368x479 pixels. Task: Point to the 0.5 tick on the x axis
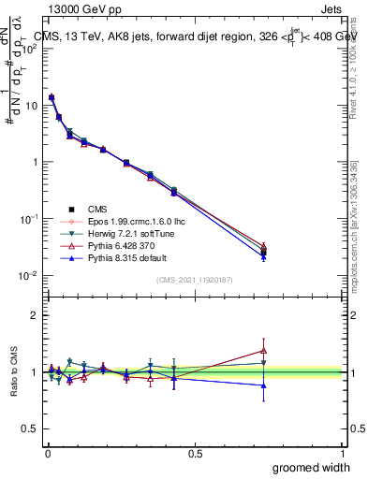pos(195,453)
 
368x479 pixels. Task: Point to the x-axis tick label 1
pos(343,453)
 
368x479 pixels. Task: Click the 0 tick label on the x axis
pos(47,453)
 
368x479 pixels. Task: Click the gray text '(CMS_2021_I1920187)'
pos(194,281)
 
